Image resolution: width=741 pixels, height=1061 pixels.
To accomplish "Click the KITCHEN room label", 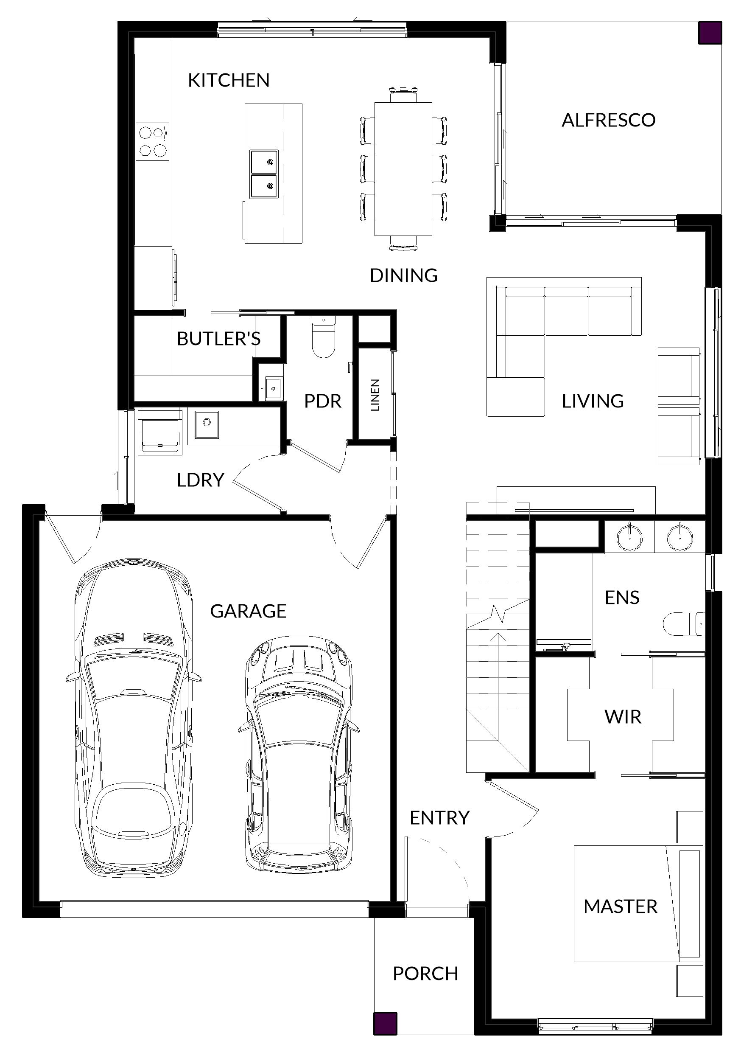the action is [229, 80].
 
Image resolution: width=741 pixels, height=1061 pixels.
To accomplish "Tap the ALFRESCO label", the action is [608, 120].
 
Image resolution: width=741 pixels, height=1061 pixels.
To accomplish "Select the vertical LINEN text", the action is [375, 395].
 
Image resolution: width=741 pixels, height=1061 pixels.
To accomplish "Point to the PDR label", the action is [322, 401].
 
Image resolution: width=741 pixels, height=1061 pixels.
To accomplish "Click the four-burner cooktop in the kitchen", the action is [152, 142].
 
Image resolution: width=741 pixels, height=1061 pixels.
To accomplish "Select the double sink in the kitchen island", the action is [264, 174].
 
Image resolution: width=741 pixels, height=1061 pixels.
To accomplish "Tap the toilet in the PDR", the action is [323, 337].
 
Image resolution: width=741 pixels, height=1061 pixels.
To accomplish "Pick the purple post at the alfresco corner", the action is [710, 33].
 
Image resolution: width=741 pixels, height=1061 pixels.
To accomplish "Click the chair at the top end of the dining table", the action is [403, 95].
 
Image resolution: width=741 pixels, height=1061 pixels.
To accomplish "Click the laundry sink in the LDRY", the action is [207, 424].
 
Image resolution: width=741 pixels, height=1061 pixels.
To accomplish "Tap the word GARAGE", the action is [248, 612].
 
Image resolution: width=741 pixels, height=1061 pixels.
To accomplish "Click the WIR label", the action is [623, 717].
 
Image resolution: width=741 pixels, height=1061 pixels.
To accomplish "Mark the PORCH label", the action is [425, 974].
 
